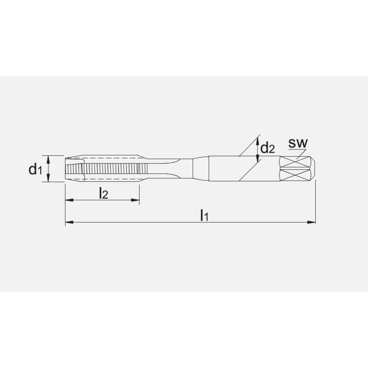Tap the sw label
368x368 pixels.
(297, 143)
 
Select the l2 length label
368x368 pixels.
(103, 194)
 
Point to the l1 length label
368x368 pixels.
(204, 215)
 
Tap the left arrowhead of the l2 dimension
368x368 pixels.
(69, 201)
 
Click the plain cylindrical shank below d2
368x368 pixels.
(243, 169)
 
